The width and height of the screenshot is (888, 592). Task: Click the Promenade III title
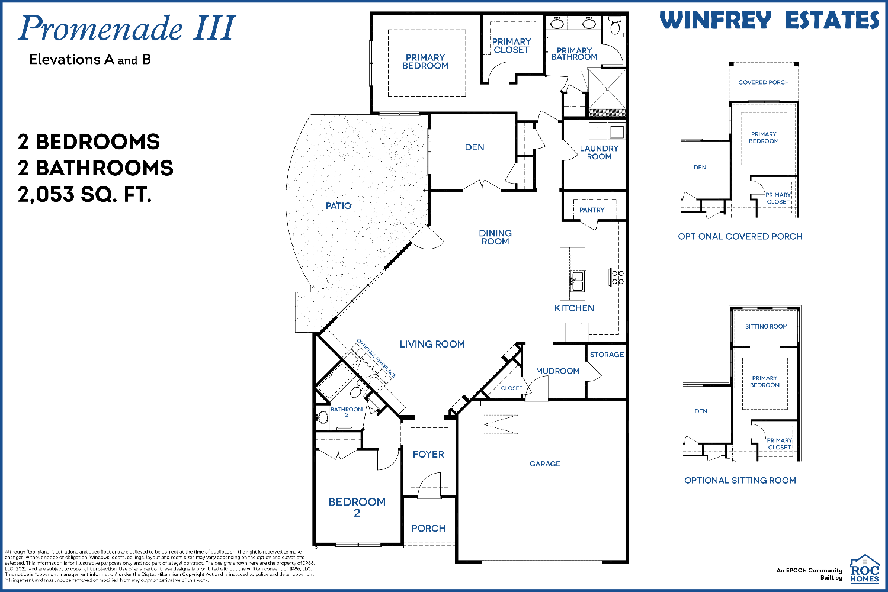pyautogui.click(x=127, y=29)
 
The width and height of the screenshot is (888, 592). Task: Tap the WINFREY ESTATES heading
pyautogui.click(x=769, y=21)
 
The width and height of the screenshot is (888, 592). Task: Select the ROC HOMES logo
pyautogui.click(x=864, y=570)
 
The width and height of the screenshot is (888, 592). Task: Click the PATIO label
pyautogui.click(x=338, y=206)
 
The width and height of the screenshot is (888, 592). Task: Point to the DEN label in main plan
pyautogui.click(x=475, y=147)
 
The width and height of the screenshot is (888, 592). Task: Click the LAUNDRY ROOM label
pyautogui.click(x=599, y=153)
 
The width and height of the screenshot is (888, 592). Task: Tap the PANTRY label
pyautogui.click(x=592, y=210)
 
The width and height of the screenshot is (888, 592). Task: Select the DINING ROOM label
pyautogui.click(x=495, y=237)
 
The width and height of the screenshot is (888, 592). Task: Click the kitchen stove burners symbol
pyautogui.click(x=617, y=278)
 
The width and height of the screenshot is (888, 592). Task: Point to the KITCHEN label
pyautogui.click(x=574, y=308)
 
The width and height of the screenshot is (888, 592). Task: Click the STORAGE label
pyautogui.click(x=607, y=355)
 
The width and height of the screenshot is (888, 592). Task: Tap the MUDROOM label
pyautogui.click(x=557, y=371)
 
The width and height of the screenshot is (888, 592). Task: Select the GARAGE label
pyautogui.click(x=544, y=464)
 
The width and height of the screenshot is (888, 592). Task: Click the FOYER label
pyautogui.click(x=428, y=455)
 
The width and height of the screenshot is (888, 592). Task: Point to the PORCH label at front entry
pyautogui.click(x=428, y=529)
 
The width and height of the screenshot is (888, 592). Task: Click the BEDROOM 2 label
pyautogui.click(x=357, y=507)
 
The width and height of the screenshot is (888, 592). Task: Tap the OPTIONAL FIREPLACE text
pyautogui.click(x=376, y=358)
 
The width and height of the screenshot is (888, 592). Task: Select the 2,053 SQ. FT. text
pyautogui.click(x=85, y=194)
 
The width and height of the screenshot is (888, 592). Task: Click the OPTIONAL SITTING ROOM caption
pyautogui.click(x=740, y=481)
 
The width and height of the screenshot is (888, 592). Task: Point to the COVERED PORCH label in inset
pyautogui.click(x=763, y=82)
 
